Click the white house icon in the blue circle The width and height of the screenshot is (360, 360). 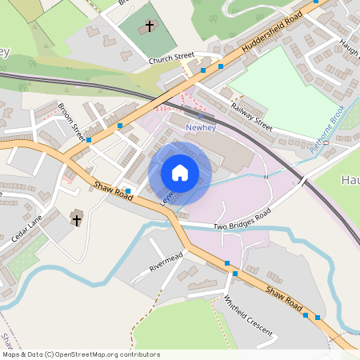click(x=179, y=172)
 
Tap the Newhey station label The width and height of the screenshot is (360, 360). click(x=199, y=127)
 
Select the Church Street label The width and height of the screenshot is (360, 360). click(x=172, y=56)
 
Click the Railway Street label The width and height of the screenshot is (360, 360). click(x=251, y=117)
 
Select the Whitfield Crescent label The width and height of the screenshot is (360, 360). click(x=248, y=315)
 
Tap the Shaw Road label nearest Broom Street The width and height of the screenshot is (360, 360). click(x=113, y=193)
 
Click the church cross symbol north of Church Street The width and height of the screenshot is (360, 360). click(x=149, y=26)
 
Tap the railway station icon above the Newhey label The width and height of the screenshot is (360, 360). click(x=200, y=115)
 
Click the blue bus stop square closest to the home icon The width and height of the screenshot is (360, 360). click(x=128, y=190)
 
